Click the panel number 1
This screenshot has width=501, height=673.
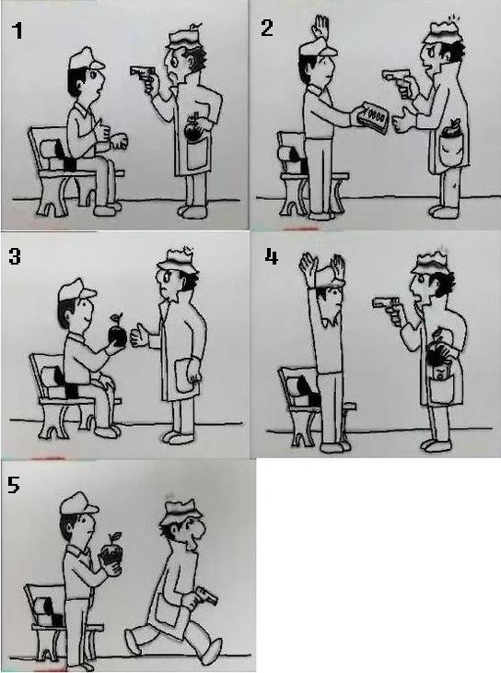(17, 30)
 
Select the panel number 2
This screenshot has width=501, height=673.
(267, 28)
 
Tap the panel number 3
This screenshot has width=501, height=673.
(15, 256)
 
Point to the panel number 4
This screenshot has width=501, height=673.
(272, 256)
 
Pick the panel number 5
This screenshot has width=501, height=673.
(13, 485)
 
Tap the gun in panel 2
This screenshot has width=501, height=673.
(394, 77)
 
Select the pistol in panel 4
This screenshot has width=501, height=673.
(386, 305)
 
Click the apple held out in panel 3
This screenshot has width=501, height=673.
(117, 333)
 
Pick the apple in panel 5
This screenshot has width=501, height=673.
(112, 554)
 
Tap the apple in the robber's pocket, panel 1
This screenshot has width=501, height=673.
(192, 128)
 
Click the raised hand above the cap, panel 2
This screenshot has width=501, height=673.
(321, 27)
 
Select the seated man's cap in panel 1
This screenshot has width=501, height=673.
(86, 59)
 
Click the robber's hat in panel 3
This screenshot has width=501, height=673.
(176, 261)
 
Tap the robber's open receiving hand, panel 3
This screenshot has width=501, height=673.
(139, 336)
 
